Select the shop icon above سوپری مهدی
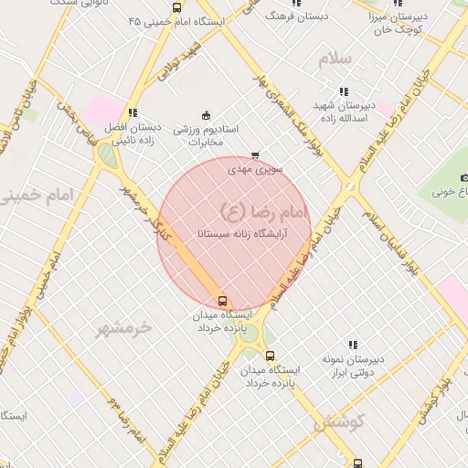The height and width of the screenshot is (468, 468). click(x=254, y=155)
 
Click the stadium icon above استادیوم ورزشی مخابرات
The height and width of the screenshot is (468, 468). click(x=206, y=115)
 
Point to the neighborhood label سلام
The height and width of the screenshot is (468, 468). click(x=335, y=59)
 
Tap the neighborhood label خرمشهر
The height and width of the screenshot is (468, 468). click(x=122, y=328)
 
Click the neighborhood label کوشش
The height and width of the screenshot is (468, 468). click(x=338, y=421)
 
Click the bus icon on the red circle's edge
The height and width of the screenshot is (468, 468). click(x=221, y=301)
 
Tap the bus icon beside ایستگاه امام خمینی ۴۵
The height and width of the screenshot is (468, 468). click(x=176, y=7)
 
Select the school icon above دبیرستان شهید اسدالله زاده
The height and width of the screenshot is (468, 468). click(x=344, y=91)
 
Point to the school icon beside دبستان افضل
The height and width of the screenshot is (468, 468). click(x=133, y=112)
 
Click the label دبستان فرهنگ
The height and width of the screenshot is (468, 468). click(x=293, y=16)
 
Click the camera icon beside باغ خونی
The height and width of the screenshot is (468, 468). click(x=464, y=177)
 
